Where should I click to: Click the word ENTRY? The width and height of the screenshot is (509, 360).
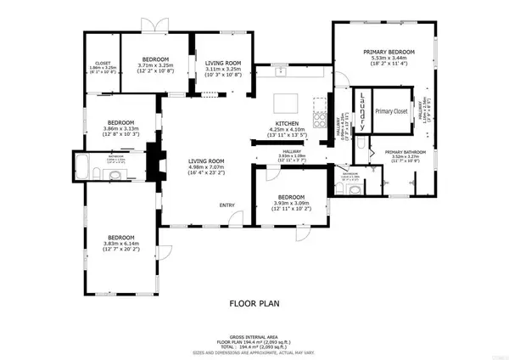point(227,205)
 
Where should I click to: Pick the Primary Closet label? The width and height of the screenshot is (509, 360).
point(390,111)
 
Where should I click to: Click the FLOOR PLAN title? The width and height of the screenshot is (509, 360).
point(254,302)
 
